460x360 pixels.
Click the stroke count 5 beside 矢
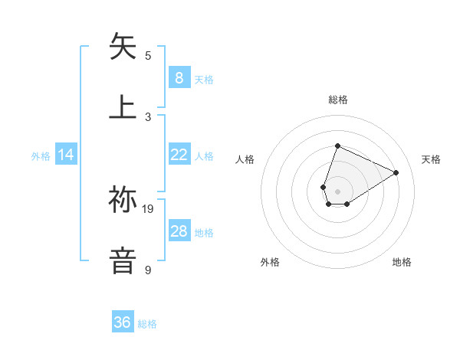148,55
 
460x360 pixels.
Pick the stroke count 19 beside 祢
148,208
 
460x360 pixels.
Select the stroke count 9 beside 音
148,270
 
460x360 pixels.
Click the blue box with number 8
179,77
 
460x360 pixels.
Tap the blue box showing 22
179,155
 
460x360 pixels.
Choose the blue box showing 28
179,231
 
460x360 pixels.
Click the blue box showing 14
66,155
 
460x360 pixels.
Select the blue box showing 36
123,322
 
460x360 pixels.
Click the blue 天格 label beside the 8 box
204,79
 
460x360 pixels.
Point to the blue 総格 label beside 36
147,324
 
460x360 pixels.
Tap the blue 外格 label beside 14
41,156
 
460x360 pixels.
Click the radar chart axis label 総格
337,100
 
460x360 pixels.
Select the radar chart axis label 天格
431,159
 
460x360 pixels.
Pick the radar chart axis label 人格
245,159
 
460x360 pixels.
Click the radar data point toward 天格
396,172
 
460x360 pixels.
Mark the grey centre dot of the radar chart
337,191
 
